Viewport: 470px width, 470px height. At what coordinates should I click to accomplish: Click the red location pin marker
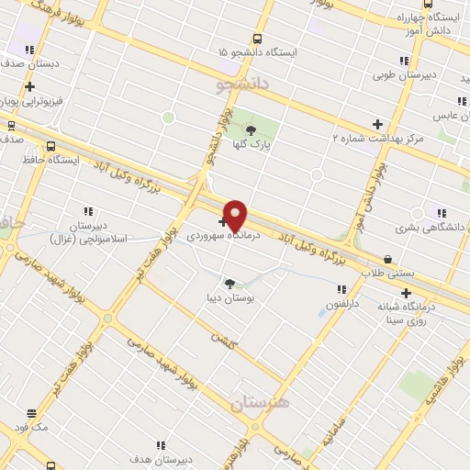[x=235, y=214]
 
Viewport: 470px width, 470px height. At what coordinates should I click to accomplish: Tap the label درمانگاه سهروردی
[x=224, y=235]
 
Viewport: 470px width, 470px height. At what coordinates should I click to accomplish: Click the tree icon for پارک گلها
[x=251, y=129]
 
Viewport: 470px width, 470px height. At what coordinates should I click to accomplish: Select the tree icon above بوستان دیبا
[x=229, y=284]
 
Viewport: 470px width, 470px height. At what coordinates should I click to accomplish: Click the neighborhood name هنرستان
[x=260, y=404]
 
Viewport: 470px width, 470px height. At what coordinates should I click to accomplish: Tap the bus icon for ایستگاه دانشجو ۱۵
[x=257, y=39]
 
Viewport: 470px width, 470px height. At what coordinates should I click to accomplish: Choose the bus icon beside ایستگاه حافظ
[x=50, y=146]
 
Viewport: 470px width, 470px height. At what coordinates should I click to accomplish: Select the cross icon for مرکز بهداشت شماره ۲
[x=377, y=124]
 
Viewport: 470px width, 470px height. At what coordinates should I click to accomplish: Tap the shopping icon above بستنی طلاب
[x=388, y=260]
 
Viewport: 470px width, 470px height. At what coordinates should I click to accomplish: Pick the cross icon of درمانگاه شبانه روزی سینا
[x=407, y=293]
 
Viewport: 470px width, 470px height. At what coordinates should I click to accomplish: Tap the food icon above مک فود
[x=32, y=414]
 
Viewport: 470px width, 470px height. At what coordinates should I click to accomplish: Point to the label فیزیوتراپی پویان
[x=57, y=102]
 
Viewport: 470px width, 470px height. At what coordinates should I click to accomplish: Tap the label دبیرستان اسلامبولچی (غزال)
[x=89, y=231]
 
